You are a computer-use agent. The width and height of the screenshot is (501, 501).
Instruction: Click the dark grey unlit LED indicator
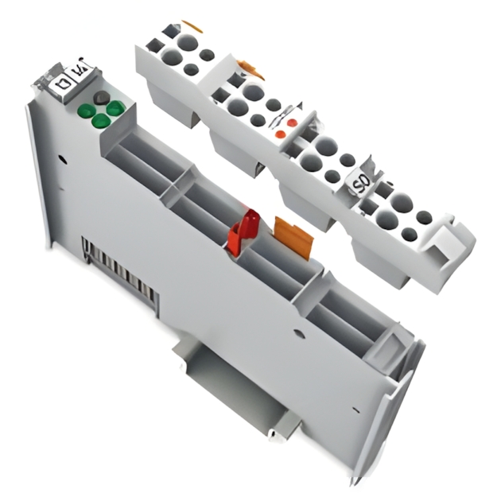tap(101, 97)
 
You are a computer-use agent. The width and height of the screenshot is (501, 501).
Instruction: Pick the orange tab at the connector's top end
tap(192, 26)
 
